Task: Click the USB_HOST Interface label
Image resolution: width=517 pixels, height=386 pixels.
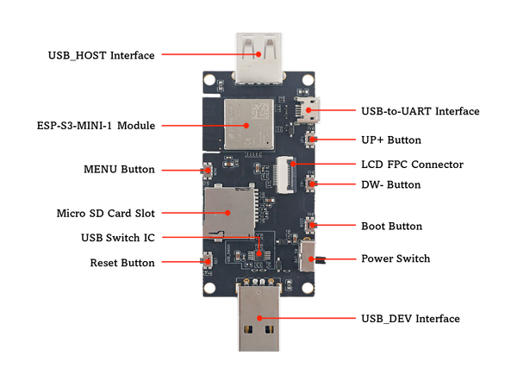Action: tap(101, 55)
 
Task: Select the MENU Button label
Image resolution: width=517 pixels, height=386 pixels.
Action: tap(119, 170)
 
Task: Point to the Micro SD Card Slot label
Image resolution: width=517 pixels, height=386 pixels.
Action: tap(105, 213)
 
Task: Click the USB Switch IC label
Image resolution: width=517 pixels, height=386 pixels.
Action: tap(117, 238)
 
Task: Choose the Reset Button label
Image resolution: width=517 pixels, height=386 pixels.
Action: tap(122, 262)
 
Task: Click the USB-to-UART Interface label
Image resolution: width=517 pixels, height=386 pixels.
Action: tap(420, 111)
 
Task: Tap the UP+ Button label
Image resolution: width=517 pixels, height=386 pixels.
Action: tap(390, 140)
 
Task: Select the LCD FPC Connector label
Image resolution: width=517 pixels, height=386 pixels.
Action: tap(412, 165)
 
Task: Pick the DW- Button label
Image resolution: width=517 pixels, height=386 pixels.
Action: tap(391, 184)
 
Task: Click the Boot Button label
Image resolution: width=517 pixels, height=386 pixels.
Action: tap(391, 227)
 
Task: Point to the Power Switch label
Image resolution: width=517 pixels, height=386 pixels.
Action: tap(396, 258)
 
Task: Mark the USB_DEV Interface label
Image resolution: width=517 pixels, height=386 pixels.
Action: tap(410, 319)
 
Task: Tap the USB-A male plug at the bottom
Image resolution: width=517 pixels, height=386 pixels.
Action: tap(260, 323)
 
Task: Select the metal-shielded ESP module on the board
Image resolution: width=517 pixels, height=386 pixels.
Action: tap(248, 123)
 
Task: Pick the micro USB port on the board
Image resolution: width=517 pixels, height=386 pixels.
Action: tap(308, 111)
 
